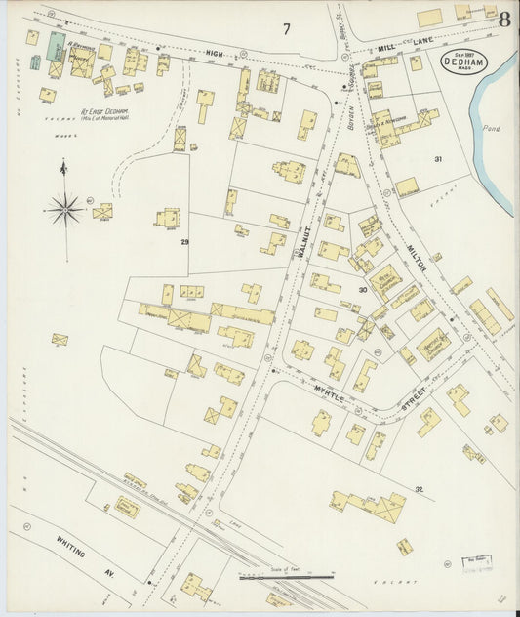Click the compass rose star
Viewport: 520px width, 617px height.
pyautogui.click(x=64, y=208)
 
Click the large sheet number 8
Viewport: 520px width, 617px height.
pyautogui.click(x=504, y=19)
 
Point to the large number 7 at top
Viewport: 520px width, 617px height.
pyautogui.click(x=287, y=29)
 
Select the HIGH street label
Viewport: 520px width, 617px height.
pyautogui.click(x=215, y=53)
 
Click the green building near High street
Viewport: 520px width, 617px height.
pyautogui.click(x=58, y=46)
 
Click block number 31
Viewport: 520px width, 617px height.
pyautogui.click(x=438, y=159)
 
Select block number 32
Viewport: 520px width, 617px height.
pyautogui.click(x=419, y=489)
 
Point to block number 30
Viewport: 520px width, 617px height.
pyautogui.click(x=362, y=289)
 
